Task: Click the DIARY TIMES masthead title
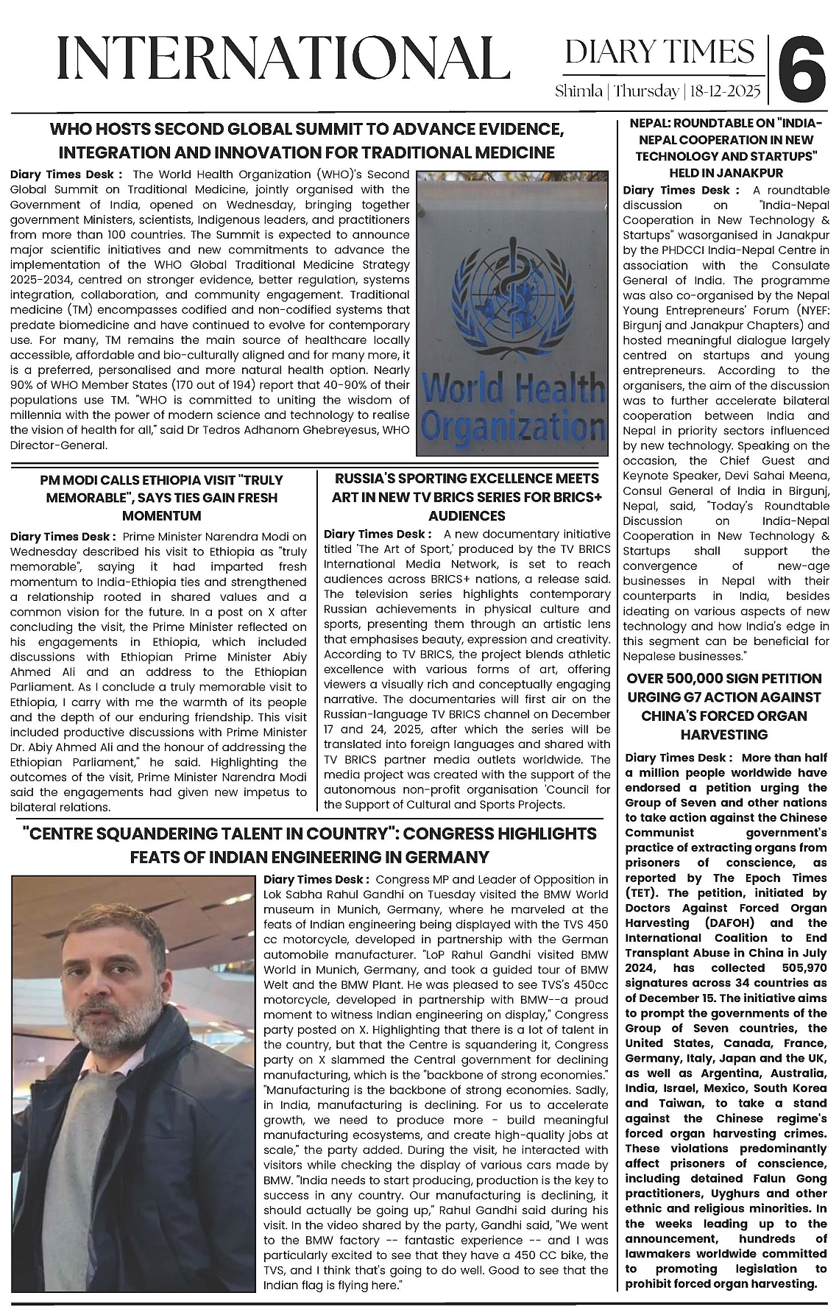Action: pos(659,52)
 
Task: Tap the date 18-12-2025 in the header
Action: pos(725,92)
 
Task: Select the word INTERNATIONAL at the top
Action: pos(283,58)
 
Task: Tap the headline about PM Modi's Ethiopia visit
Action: pos(162,498)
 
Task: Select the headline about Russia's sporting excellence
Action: pos(467,498)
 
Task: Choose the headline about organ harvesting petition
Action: pos(724,706)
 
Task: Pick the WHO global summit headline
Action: pos(307,141)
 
